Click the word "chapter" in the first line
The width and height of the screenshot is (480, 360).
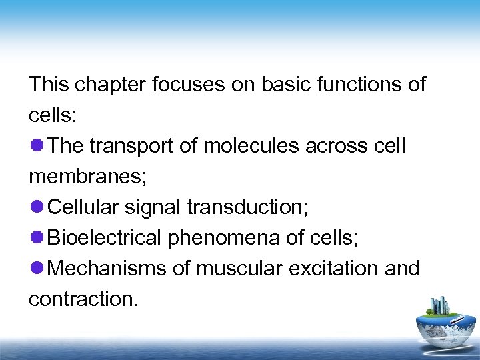pos(111,85)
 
